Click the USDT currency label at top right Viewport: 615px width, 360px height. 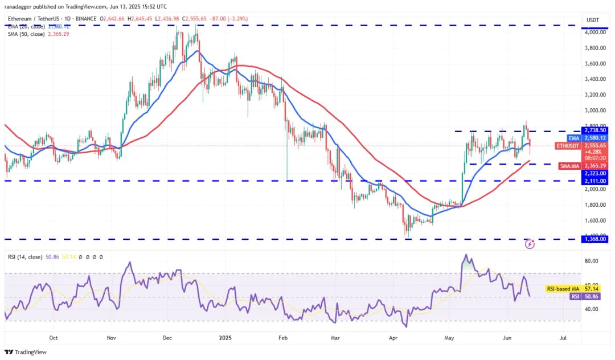pyautogui.click(x=593, y=21)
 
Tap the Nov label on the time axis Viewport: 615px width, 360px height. pyautogui.click(x=112, y=338)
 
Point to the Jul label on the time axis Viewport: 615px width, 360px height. pyautogui.click(x=563, y=338)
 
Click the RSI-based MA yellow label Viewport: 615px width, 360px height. pyautogui.click(x=562, y=289)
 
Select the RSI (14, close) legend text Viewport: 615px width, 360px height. pyautogui.click(x=26, y=257)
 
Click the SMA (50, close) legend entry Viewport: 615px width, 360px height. pyautogui.click(x=28, y=34)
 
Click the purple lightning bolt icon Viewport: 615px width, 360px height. pyautogui.click(x=530, y=244)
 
